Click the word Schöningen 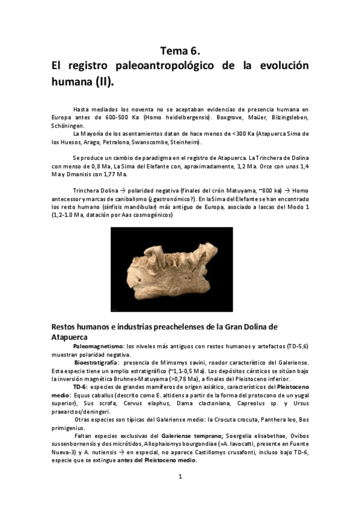coord(68,126)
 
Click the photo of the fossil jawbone coord(180,269)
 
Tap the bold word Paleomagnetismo coord(98,348)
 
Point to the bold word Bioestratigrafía coord(97,363)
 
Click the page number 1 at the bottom coord(180,478)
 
